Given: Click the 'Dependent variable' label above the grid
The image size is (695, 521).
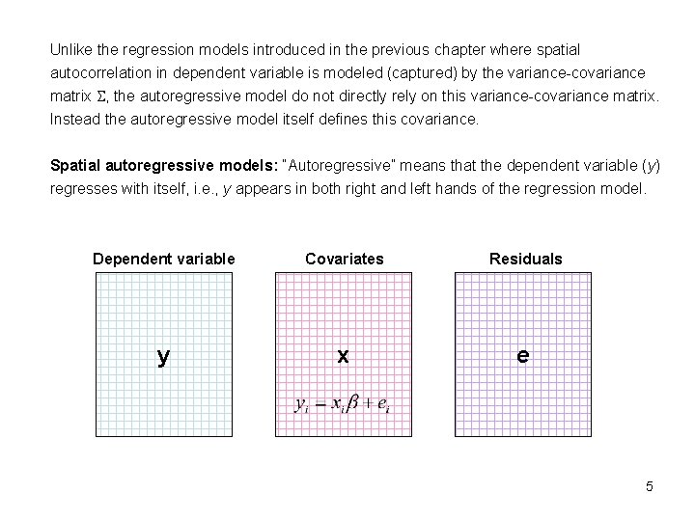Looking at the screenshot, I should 163,259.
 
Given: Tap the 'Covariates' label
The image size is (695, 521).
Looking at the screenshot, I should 344,259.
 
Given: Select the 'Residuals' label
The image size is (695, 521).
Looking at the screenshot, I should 525,259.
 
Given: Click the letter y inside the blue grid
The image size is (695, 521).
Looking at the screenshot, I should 163,357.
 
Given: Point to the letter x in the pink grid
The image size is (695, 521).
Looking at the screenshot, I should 343,356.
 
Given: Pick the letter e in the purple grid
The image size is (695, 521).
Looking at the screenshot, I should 522,355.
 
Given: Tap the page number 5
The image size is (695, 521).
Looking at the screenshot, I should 650,486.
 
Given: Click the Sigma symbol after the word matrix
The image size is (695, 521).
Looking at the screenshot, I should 101,96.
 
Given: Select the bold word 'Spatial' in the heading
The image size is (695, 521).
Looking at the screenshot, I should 75,166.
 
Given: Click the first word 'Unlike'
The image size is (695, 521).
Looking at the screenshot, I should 71,48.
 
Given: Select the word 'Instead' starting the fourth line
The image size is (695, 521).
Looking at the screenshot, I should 74,120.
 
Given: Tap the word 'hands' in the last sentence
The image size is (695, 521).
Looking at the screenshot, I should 444,189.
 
